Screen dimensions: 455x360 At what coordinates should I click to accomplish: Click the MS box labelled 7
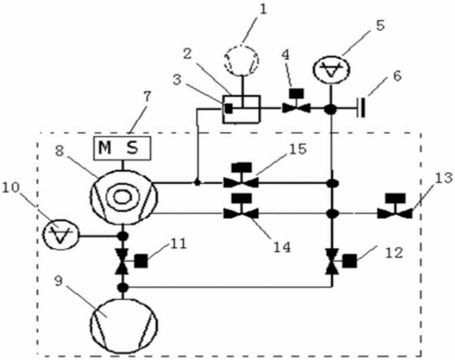(x=122, y=148)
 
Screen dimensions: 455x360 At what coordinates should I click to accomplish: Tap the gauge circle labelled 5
(x=331, y=70)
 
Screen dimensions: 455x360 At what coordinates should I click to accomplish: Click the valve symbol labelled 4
(x=297, y=102)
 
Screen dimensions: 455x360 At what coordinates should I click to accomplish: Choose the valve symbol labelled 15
(x=241, y=176)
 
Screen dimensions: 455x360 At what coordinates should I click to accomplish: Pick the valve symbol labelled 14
(x=241, y=206)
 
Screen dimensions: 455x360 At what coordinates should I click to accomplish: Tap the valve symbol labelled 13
(x=395, y=206)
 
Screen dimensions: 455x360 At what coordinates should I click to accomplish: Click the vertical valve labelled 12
(x=337, y=261)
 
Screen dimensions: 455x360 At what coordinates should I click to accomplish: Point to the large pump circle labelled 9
(x=123, y=325)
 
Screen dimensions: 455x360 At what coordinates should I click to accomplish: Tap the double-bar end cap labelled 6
(x=361, y=108)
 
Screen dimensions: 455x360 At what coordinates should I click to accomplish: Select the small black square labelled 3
(x=229, y=108)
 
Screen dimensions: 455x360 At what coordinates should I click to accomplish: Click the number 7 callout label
(x=147, y=98)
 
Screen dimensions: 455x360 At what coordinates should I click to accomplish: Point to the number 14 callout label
(x=282, y=247)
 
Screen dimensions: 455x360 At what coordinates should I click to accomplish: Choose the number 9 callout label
(x=58, y=282)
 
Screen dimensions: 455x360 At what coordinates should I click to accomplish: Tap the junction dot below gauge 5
(x=330, y=110)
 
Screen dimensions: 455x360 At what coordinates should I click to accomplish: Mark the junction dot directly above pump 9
(x=122, y=287)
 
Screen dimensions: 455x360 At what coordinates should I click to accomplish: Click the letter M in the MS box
(x=105, y=148)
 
